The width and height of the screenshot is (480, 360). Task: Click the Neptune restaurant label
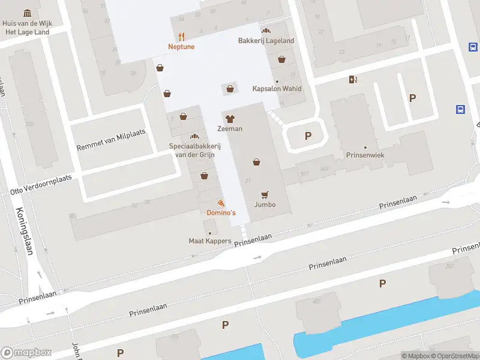click(x=182, y=46)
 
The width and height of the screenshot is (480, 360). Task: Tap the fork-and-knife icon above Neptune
click(x=182, y=35)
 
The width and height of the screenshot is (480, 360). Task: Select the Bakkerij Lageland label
click(x=265, y=41)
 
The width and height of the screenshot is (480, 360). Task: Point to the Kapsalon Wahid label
click(x=277, y=89)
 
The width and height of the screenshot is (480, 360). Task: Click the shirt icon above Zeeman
click(x=230, y=118)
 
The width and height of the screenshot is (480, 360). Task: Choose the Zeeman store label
click(x=230, y=129)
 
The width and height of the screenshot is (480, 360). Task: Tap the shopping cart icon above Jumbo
click(x=265, y=194)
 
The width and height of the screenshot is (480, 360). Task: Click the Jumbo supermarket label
click(x=265, y=205)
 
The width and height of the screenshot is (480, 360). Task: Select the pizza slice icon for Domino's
click(x=221, y=203)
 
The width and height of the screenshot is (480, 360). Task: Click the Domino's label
click(x=221, y=213)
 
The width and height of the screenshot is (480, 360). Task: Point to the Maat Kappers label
click(x=210, y=241)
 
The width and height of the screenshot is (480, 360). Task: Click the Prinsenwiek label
click(x=364, y=155)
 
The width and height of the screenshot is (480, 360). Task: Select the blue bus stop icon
click(x=460, y=109)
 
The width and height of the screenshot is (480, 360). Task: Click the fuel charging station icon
click(x=353, y=79)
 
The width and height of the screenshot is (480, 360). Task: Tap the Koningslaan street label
click(x=25, y=230)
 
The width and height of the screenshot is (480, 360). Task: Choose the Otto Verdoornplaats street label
click(x=40, y=184)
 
